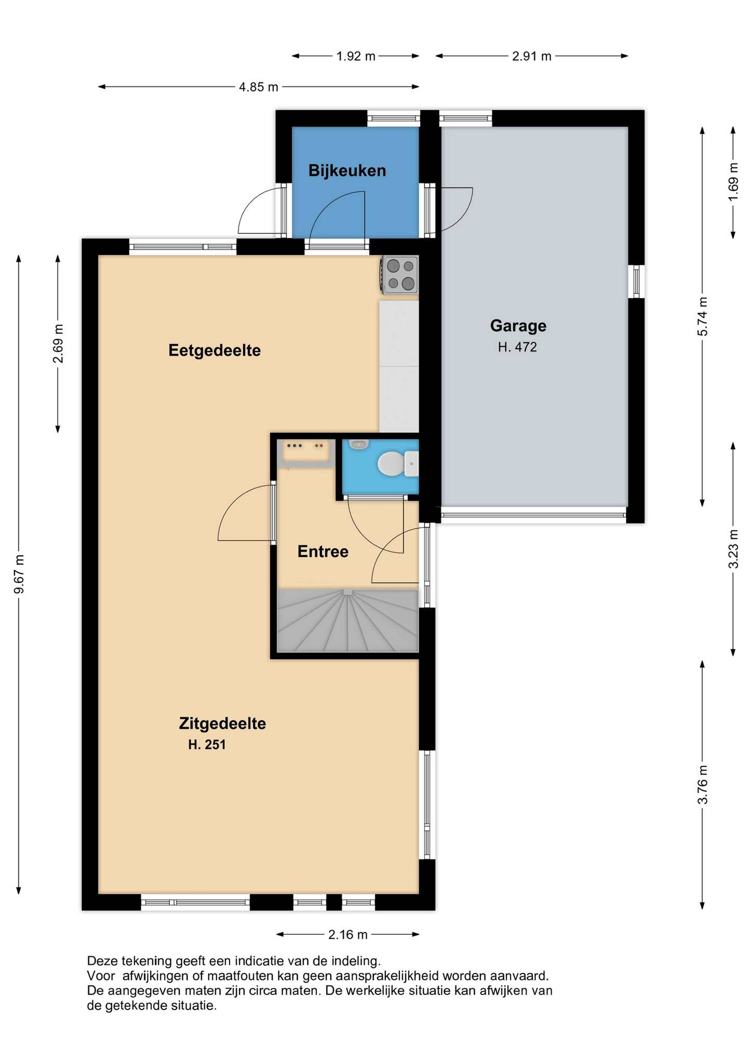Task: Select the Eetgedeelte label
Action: coord(214,351)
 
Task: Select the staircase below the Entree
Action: coord(347,620)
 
